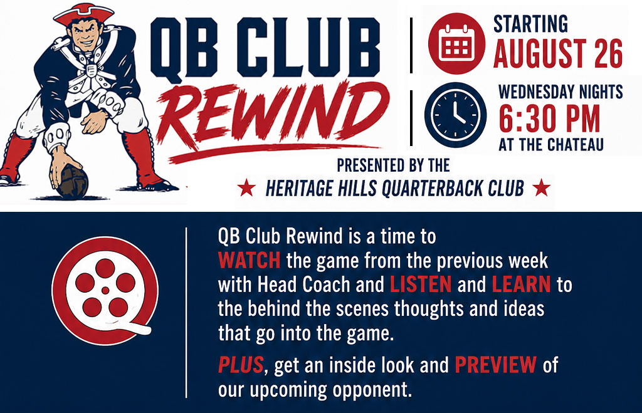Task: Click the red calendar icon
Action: pos(456,44)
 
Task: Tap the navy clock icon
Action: pos(455,115)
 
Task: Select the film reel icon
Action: pos(105,290)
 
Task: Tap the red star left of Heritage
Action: pos(246,188)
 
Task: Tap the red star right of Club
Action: pos(541,187)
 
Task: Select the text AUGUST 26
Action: pos(557,54)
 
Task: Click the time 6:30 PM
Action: pos(549,119)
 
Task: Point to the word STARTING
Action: pos(530,24)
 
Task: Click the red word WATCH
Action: pos(250,260)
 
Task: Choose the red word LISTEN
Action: pos(421,285)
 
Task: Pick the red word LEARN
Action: pos(521,285)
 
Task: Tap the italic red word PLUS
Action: pos(241,364)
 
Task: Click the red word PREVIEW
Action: pos(495,364)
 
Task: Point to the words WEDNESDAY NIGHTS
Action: pos(560,91)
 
